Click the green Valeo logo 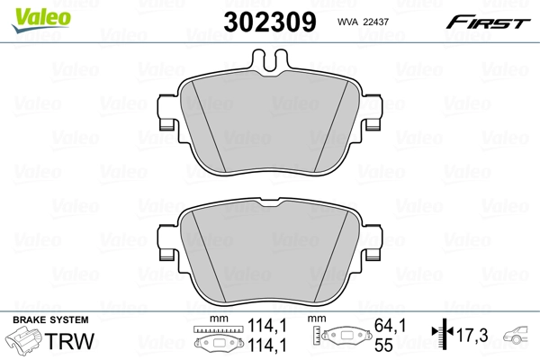coord(41,20)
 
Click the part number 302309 coord(270,22)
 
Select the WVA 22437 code coord(363,22)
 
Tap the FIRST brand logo coord(488,22)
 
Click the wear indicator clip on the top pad coord(270,60)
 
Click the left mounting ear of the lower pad coord(167,242)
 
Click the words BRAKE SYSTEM coord(50,320)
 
